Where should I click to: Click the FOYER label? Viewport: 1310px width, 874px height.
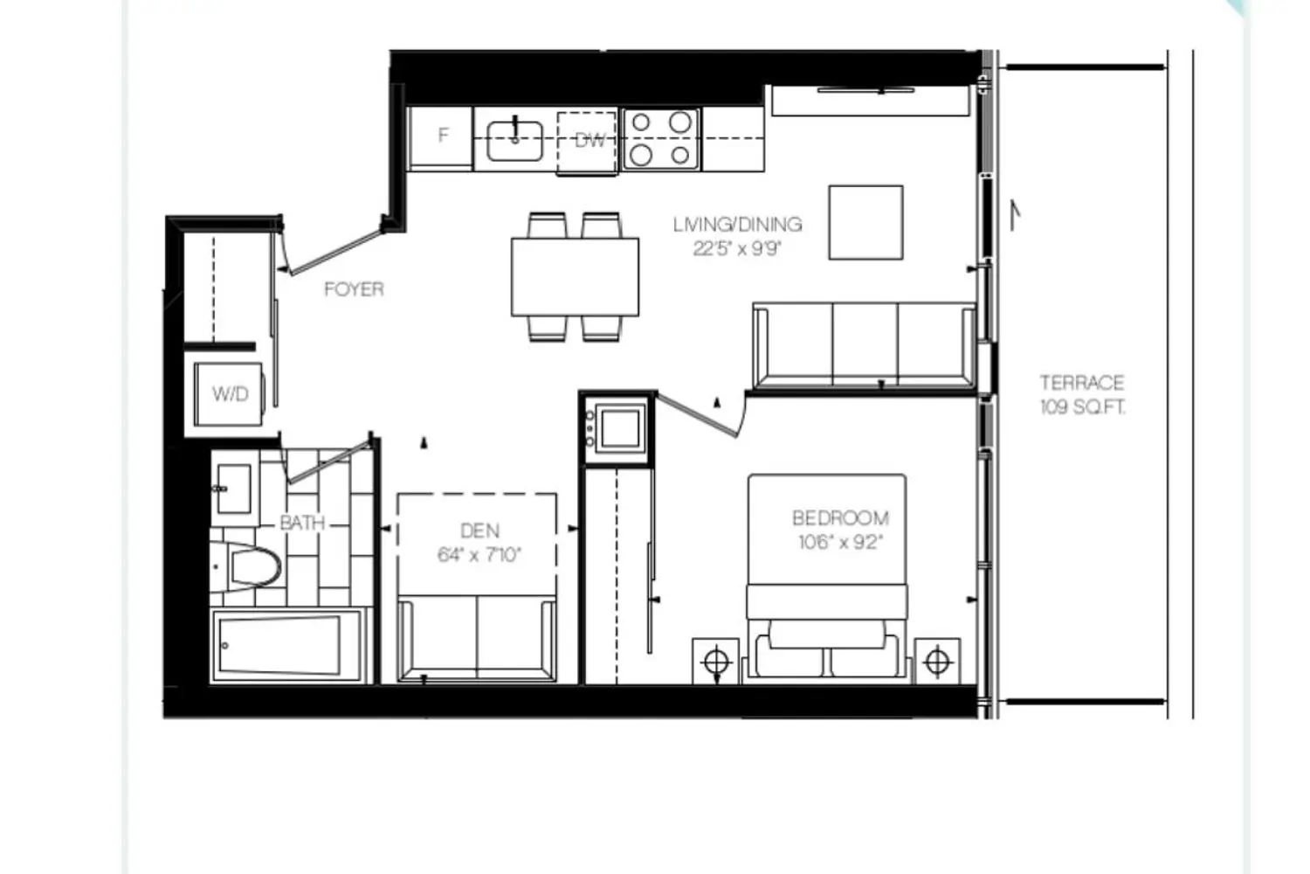coord(354,289)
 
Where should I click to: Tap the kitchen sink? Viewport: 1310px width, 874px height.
coord(514,141)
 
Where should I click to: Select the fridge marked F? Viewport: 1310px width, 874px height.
coord(441,138)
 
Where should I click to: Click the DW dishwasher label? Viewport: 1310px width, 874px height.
coord(589,141)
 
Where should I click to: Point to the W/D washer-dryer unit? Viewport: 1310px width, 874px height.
coord(229,394)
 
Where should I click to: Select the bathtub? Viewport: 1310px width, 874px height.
coord(286,646)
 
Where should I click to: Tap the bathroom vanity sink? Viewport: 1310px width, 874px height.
coord(235,489)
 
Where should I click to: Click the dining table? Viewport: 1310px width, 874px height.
coord(575,277)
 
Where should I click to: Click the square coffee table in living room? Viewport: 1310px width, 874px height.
coord(865,223)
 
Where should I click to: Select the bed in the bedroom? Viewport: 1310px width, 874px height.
coord(827,579)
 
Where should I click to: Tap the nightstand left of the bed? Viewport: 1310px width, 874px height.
coord(716,662)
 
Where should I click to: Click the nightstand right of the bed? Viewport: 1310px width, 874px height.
coord(937,662)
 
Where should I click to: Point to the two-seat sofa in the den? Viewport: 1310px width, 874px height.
coord(477,639)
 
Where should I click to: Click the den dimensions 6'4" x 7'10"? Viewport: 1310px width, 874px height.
coord(479,555)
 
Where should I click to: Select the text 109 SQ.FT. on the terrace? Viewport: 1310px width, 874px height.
coord(1083,407)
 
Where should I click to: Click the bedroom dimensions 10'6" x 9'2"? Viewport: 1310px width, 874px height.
coord(840,543)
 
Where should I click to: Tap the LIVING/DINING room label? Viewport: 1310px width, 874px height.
coord(737,225)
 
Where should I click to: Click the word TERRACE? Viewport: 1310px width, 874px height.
coord(1082,383)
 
